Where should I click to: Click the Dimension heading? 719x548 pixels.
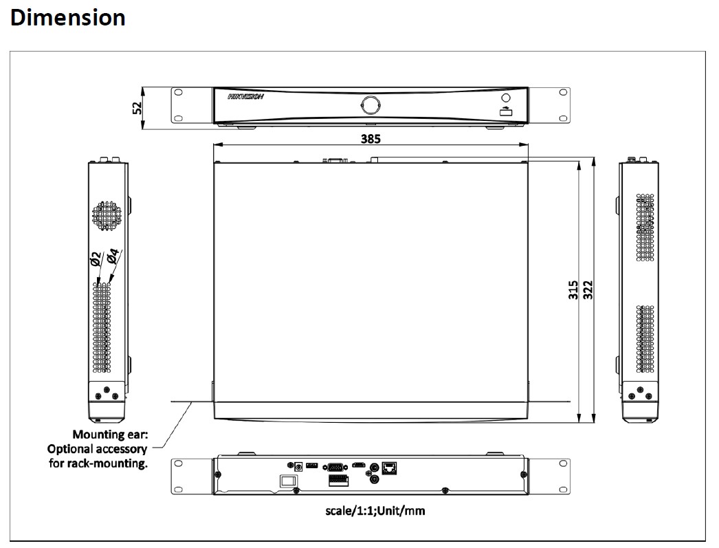pos(68,18)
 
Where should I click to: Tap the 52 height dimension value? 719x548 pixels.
pos(137,108)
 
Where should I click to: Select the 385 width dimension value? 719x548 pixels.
pos(370,138)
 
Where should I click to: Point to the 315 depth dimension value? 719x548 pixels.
pos(573,290)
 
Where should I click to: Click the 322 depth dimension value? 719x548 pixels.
pos(588,290)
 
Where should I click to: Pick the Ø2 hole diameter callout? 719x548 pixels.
pos(96,259)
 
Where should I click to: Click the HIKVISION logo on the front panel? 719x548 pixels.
pos(246,97)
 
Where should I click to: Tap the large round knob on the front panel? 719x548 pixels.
pos(370,105)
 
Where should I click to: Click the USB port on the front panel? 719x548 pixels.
pos(506,111)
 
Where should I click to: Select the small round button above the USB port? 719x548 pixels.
pos(506,98)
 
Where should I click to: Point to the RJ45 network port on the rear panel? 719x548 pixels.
pos(389,468)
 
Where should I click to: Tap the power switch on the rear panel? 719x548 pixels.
pos(289,481)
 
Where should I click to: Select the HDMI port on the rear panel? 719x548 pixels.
pos(359,466)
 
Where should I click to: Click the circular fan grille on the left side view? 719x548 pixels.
pos(107,215)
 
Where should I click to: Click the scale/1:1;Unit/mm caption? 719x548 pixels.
pos(375,511)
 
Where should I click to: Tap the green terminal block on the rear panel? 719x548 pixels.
pos(338,481)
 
